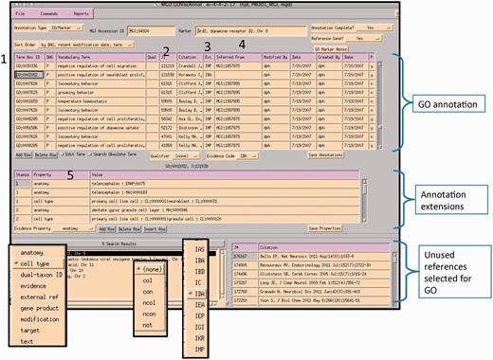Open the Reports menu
tap(82, 14)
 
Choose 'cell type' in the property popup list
tap(35, 263)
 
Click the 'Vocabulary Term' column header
tap(73, 57)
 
